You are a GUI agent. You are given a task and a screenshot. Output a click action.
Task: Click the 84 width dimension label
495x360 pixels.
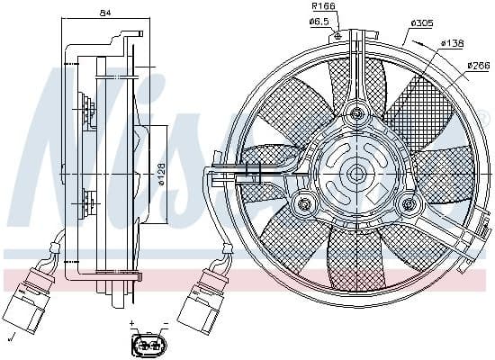[x=106, y=13]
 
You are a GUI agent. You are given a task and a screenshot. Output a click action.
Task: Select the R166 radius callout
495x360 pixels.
[x=322, y=6]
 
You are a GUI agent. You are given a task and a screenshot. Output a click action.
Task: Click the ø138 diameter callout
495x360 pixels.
[x=452, y=42]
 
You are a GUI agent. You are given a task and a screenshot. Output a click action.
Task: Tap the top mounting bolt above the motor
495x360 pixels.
[x=358, y=113]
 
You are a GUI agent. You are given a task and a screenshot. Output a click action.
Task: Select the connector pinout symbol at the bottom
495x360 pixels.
[x=147, y=346]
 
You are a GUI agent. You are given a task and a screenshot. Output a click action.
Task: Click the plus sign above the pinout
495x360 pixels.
[x=132, y=322]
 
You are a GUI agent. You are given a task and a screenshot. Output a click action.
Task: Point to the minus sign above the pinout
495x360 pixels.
[x=165, y=322]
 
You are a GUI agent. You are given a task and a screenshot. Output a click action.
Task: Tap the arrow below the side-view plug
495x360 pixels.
[x=11, y=337]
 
